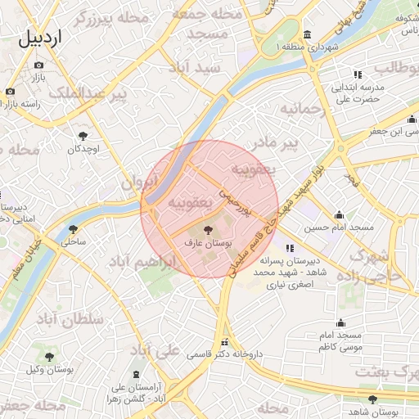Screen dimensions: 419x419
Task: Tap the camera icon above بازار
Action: tap(38, 65)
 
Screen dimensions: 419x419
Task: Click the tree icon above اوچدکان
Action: tap(83, 136)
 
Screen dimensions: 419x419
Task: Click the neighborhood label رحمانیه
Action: tap(304, 108)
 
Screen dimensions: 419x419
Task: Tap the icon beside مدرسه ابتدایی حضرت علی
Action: tap(358, 74)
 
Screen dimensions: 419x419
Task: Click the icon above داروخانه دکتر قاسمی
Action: tap(224, 342)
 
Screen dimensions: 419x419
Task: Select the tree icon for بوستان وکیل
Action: tap(49, 357)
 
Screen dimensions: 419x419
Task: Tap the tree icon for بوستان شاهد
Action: tap(373, 399)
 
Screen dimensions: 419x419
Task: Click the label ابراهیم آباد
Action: tap(144, 263)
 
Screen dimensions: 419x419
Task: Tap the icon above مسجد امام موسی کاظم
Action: tap(341, 322)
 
